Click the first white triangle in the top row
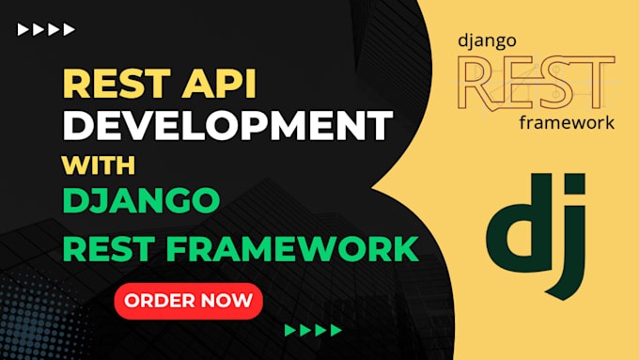point(23,30)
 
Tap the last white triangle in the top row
point(70,30)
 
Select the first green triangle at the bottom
point(290,330)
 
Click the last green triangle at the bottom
point(335,330)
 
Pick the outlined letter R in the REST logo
point(478,81)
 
